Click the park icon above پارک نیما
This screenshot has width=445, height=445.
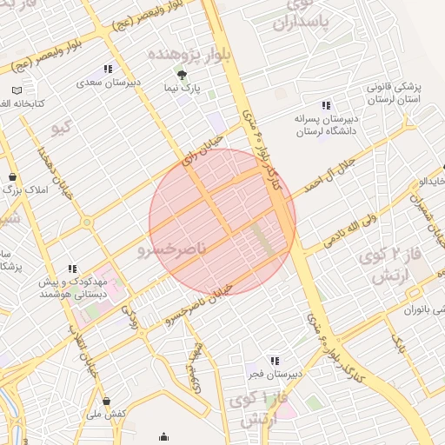click(182, 74)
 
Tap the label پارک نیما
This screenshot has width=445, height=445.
click(182, 89)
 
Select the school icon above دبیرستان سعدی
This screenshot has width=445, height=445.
click(108, 69)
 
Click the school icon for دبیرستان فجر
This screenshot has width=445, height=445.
click(275, 361)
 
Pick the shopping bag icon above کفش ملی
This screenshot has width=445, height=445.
click(106, 402)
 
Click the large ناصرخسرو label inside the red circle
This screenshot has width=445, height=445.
click(169, 250)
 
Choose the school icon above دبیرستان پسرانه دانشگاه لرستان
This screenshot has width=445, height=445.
click(326, 106)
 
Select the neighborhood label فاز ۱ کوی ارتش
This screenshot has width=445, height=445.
click(252, 408)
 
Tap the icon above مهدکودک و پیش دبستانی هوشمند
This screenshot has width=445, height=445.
click(72, 269)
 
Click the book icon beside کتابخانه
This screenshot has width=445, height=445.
click(17, 90)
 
